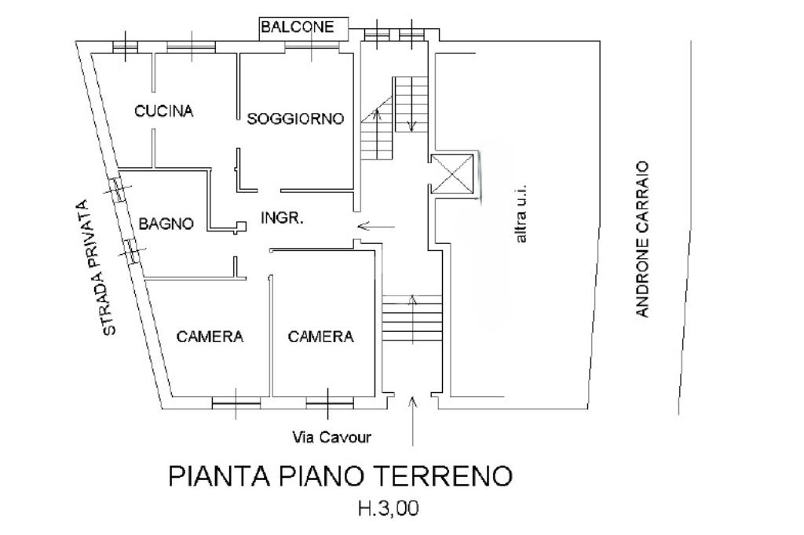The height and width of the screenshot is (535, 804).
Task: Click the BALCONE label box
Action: (x=304, y=27)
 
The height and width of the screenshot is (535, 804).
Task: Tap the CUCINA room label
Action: (x=163, y=111)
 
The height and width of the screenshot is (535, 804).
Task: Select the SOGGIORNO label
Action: (x=295, y=119)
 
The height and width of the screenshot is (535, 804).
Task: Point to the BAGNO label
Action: (x=166, y=224)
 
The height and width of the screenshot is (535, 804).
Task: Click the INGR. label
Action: (x=282, y=218)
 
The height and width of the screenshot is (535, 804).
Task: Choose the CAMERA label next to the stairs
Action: (x=320, y=337)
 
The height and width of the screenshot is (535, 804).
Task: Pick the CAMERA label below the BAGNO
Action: (x=210, y=337)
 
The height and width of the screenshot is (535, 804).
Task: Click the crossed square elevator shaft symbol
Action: (x=451, y=173)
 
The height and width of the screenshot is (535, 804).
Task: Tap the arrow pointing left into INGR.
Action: (x=376, y=226)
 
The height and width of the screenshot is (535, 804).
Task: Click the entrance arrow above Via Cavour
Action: (x=413, y=420)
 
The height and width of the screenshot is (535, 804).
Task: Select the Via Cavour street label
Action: (x=331, y=438)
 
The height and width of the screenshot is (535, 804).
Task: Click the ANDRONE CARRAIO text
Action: (x=642, y=239)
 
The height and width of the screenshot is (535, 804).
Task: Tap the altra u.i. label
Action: (x=521, y=213)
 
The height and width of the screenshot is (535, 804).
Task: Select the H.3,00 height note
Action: (x=388, y=508)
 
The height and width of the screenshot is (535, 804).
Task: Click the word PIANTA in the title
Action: (x=219, y=476)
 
